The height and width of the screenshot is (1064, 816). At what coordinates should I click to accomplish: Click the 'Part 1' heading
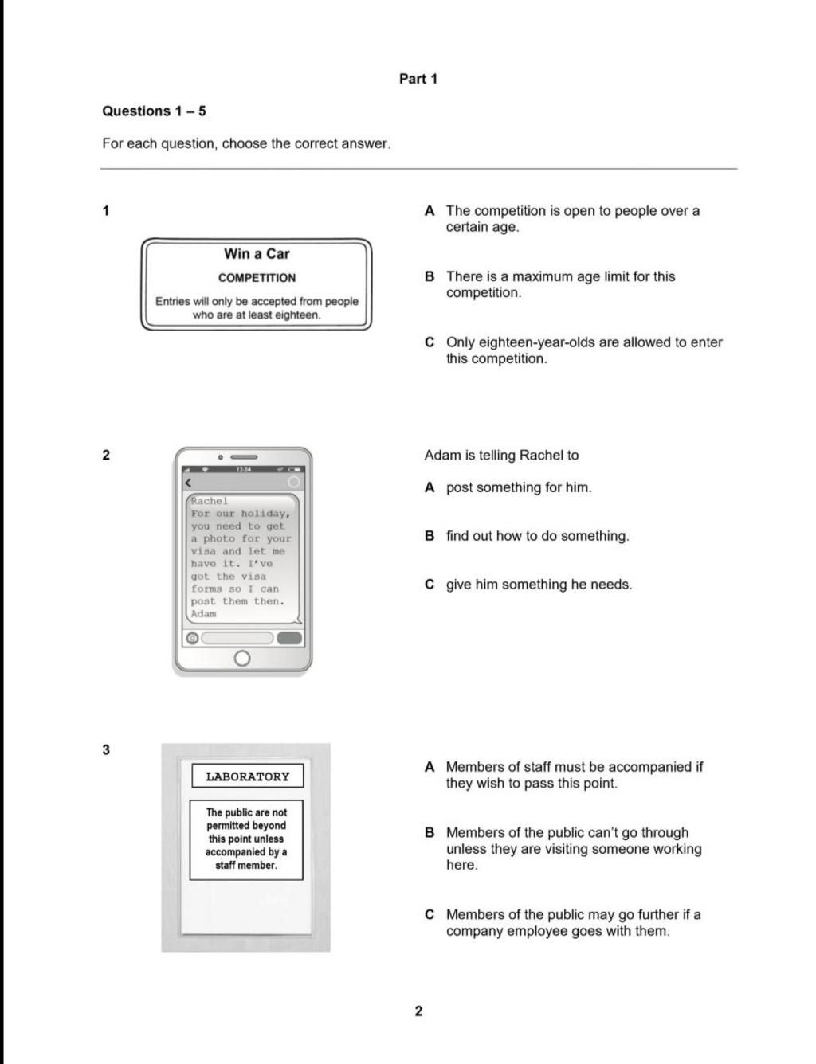(418, 79)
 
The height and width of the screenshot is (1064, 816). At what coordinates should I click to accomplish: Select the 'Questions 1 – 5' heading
(154, 111)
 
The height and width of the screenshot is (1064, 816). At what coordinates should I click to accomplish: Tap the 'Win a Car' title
(257, 254)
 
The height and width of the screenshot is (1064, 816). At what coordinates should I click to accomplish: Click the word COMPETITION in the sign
(257, 278)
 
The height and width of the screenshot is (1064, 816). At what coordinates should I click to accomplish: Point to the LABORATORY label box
(247, 776)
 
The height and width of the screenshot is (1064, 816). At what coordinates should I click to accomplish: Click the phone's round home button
(242, 659)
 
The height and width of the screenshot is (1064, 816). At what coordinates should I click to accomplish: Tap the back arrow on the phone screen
(188, 483)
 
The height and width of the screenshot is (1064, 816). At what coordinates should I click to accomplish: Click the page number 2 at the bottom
(418, 1011)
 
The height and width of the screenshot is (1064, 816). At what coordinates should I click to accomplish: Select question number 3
(106, 749)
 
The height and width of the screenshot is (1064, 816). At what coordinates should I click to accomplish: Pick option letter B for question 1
(430, 277)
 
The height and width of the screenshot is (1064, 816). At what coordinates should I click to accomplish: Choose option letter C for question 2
(430, 585)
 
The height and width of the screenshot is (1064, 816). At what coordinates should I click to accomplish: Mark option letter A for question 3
(430, 767)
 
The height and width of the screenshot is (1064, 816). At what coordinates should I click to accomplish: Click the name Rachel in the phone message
(210, 501)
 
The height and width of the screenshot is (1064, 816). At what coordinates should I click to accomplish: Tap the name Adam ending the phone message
(203, 614)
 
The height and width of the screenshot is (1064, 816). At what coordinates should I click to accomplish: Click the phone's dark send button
(288, 638)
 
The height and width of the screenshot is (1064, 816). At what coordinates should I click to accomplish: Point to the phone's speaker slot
(244, 458)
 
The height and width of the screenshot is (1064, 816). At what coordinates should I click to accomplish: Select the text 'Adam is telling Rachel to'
(501, 456)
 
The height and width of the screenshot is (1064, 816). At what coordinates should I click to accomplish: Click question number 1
(106, 211)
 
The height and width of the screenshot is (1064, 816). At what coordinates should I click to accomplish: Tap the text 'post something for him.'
(519, 487)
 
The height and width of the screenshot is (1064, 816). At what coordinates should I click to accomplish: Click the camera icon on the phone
(192, 638)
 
